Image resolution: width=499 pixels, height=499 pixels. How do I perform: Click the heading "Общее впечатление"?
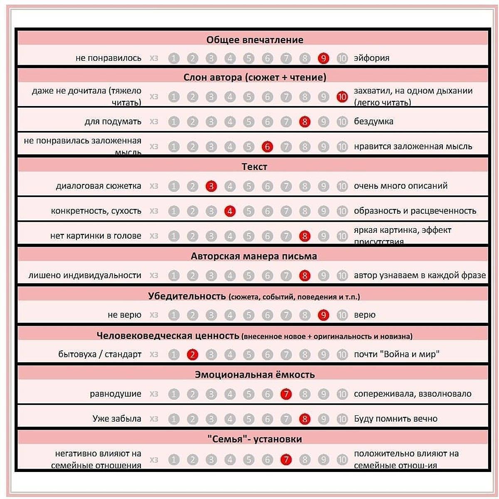click(x=254, y=40)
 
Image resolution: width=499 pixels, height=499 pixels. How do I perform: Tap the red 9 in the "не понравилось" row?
click(x=323, y=58)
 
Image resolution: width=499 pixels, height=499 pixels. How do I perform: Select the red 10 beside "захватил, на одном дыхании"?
click(x=342, y=97)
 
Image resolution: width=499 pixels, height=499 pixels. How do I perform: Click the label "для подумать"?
click(x=113, y=121)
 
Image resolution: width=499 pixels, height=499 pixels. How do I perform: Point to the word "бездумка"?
click(x=373, y=121)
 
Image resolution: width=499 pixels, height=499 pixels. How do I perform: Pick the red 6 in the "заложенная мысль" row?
click(x=267, y=146)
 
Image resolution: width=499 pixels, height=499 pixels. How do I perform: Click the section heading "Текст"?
click(x=254, y=167)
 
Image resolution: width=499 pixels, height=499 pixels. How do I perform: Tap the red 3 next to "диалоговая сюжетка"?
click(x=211, y=186)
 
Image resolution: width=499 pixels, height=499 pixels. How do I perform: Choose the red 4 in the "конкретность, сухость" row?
click(x=230, y=211)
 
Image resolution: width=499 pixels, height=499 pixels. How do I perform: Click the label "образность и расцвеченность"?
click(x=415, y=211)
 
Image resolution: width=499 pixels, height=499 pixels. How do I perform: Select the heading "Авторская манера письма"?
click(x=254, y=256)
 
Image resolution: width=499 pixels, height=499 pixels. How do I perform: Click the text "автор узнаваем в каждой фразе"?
click(x=420, y=275)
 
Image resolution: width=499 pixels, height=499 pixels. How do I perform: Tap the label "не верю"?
click(x=124, y=315)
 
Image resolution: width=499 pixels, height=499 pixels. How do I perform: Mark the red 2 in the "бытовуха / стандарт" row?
click(x=192, y=354)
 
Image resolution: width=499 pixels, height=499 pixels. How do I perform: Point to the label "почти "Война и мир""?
click(x=397, y=354)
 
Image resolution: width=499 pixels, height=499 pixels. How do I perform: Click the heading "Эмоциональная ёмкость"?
click(x=254, y=375)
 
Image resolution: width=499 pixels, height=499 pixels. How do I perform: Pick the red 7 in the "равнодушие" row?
click(x=286, y=394)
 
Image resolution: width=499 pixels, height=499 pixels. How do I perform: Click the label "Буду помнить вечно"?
click(x=395, y=419)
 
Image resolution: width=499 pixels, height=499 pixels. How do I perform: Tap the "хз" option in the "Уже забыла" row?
click(x=154, y=419)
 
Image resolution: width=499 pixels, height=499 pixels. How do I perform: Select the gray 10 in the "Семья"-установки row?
click(x=342, y=459)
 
